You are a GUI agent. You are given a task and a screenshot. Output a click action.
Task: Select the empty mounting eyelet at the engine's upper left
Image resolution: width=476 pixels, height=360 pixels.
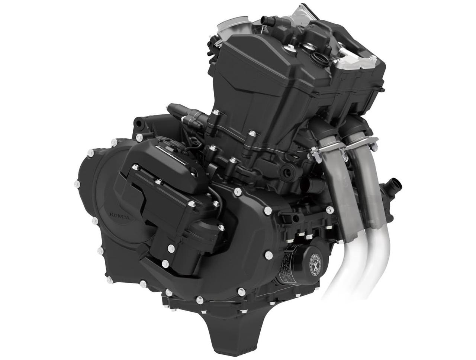point(138,121)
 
